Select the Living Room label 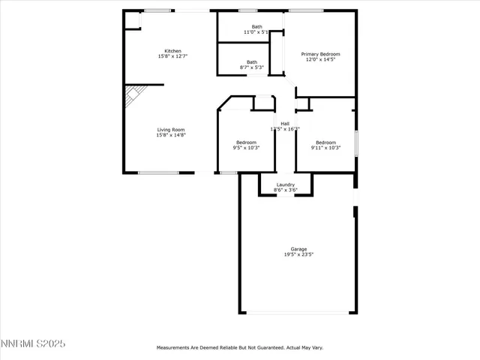click(170, 130)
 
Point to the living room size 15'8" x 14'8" click(170, 135)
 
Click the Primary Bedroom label click(320, 54)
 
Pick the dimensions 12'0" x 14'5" click(320, 59)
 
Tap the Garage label click(298, 249)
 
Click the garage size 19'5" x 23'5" click(298, 254)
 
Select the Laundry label click(285, 184)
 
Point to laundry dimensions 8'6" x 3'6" click(285, 190)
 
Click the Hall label click(285, 124)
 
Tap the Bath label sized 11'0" click(257, 27)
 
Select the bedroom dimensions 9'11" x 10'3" click(325, 148)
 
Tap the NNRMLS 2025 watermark click(33, 343)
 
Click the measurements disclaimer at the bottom click(239, 348)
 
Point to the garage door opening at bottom click(298, 313)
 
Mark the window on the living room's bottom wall click(158, 173)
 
